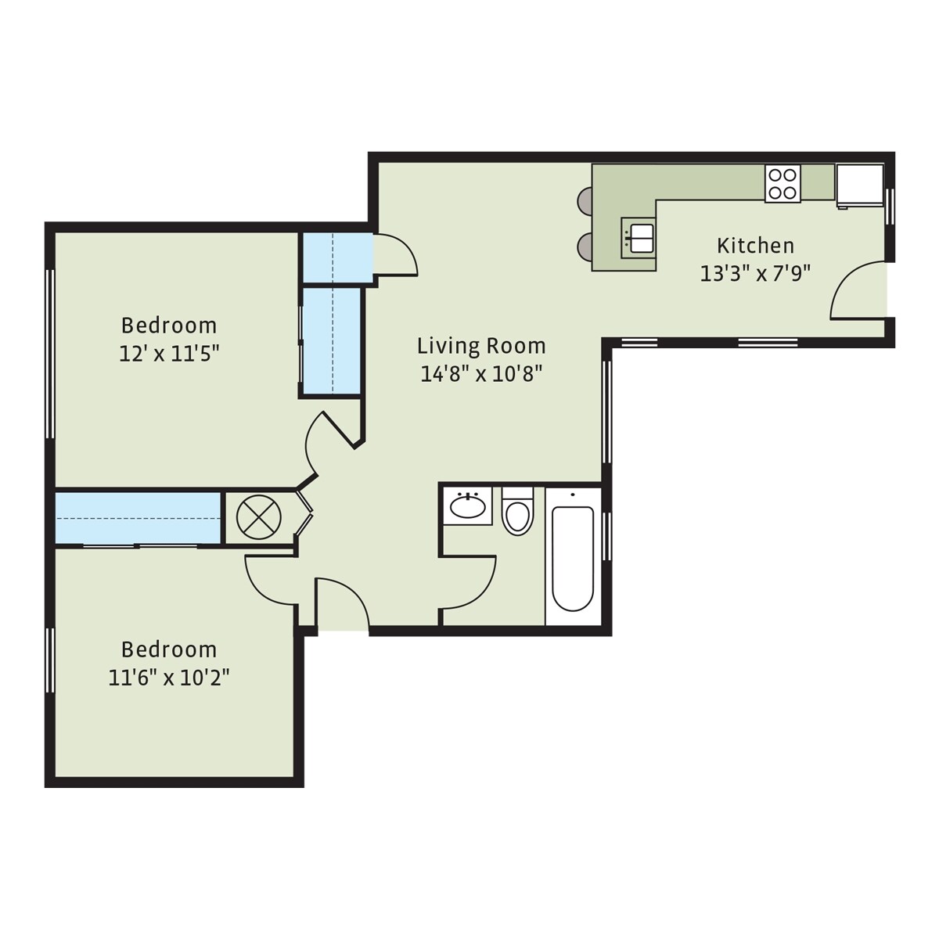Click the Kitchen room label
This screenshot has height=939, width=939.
pyautogui.click(x=755, y=246)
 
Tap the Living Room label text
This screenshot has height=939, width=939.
pyautogui.click(x=481, y=346)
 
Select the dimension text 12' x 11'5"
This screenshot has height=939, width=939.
pyautogui.click(x=168, y=354)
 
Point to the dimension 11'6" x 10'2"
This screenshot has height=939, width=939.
pyautogui.click(x=168, y=677)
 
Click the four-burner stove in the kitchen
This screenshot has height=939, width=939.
pyautogui.click(x=782, y=185)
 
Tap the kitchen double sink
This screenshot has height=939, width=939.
pyautogui.click(x=638, y=237)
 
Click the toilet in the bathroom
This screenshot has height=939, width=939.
pyautogui.click(x=516, y=513)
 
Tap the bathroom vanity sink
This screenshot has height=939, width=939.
pyautogui.click(x=467, y=506)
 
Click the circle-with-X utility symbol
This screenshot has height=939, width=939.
pyautogui.click(x=258, y=517)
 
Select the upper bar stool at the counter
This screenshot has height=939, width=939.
pyautogui.click(x=585, y=201)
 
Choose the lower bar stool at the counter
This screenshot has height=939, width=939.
pyautogui.click(x=585, y=247)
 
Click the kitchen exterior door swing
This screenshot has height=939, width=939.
pyautogui.click(x=857, y=291)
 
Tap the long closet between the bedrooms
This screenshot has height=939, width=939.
pyautogui.click(x=138, y=517)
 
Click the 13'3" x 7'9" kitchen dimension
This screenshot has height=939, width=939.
pyautogui.click(x=755, y=274)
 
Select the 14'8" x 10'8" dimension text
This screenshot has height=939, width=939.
pyautogui.click(x=481, y=374)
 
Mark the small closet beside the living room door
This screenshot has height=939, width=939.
pyautogui.click(x=336, y=258)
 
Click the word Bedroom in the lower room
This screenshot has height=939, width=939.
pyautogui.click(x=168, y=649)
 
